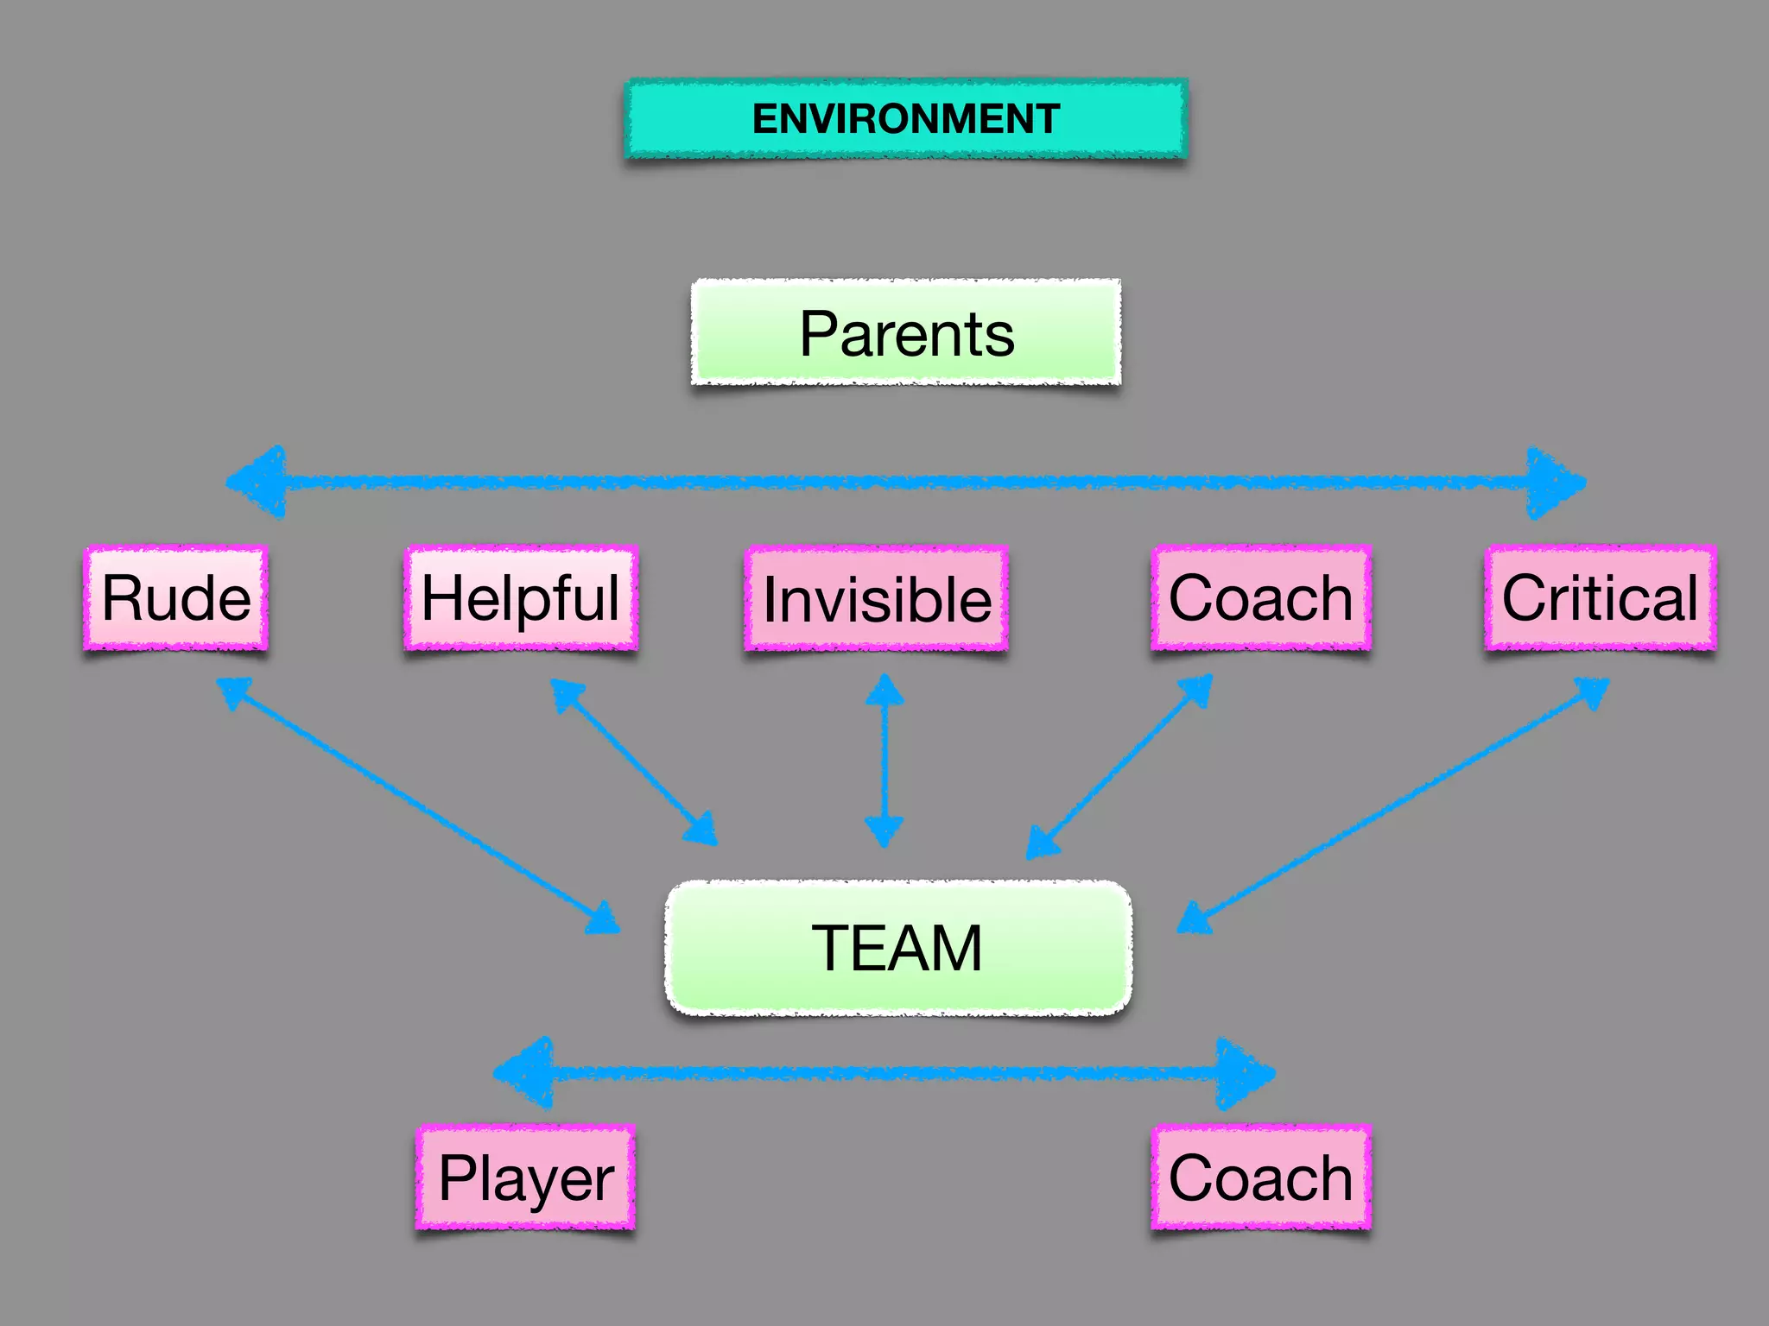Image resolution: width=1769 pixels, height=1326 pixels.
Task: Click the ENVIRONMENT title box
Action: click(x=906, y=119)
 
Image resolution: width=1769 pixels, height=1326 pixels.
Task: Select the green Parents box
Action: click(x=906, y=332)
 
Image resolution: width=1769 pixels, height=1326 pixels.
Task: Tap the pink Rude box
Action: click(x=176, y=597)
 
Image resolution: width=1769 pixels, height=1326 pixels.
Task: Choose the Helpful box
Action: click(x=521, y=597)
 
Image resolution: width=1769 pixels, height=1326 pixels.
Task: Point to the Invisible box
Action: click(x=877, y=598)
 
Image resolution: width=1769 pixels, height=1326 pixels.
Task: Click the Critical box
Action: click(x=1601, y=597)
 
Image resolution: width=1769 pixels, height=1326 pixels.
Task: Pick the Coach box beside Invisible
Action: click(x=1261, y=597)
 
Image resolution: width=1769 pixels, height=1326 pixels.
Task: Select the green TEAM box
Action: click(x=898, y=948)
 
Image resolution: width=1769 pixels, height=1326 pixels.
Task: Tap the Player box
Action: click(x=526, y=1178)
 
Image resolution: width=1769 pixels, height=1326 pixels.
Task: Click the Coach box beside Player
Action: click(x=1261, y=1178)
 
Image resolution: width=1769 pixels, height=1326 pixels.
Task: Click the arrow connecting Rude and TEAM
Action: click(x=418, y=805)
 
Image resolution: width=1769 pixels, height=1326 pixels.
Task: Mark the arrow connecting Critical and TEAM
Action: click(x=1392, y=805)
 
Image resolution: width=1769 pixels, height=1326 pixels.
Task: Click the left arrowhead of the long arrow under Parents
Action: click(x=259, y=482)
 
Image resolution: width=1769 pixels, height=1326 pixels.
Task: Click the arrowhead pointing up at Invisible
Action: click(x=884, y=691)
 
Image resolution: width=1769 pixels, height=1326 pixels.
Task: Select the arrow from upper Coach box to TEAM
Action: click(x=1119, y=766)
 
